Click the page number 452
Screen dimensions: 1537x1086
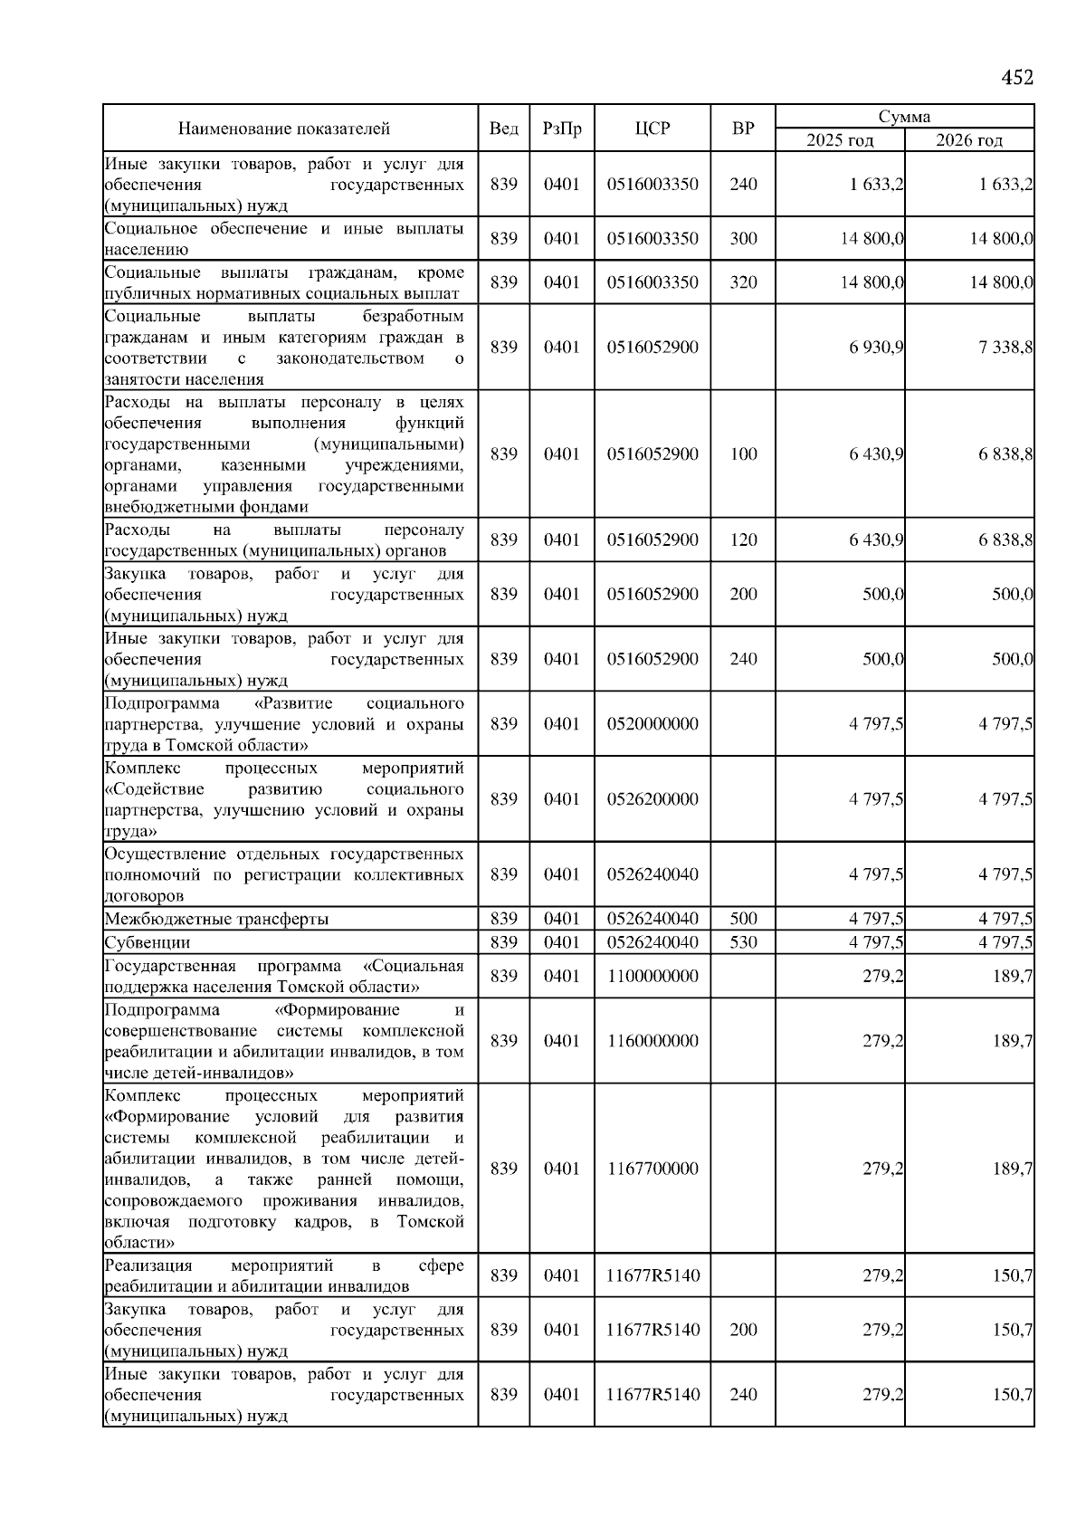(1016, 78)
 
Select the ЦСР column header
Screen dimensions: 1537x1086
(653, 129)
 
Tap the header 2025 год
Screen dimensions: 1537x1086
(840, 140)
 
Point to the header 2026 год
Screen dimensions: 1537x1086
(969, 140)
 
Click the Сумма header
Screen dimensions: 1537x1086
(904, 117)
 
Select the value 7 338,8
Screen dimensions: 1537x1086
(1005, 348)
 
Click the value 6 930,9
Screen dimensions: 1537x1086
(876, 348)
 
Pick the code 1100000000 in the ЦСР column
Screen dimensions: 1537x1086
(653, 976)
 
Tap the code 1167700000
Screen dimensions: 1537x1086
(653, 1169)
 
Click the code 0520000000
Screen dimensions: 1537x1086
(653, 724)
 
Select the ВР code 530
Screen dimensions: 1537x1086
(743, 942)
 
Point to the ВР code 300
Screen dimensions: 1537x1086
(743, 239)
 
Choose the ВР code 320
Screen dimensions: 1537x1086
(743, 282)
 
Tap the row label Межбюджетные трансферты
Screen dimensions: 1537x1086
(216, 919)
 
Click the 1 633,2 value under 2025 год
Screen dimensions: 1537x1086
(876, 185)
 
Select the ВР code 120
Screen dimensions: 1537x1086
(743, 540)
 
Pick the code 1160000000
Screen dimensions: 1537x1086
(653, 1041)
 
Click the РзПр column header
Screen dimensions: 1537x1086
(562, 129)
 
